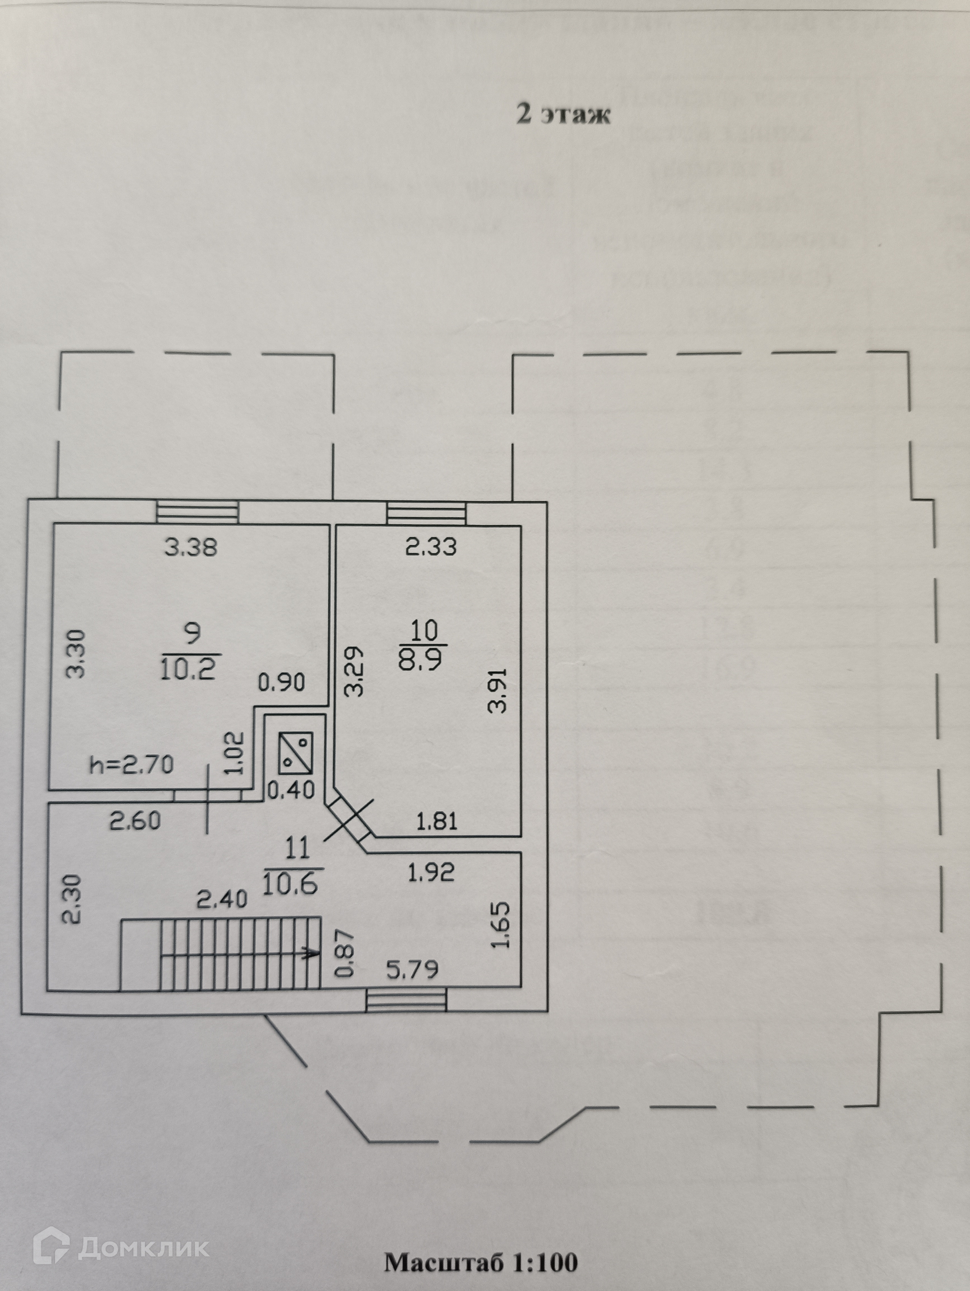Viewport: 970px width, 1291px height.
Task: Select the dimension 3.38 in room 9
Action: tap(191, 547)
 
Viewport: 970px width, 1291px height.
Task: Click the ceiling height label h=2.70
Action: tap(132, 764)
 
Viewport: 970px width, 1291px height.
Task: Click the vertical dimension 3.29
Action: tap(354, 671)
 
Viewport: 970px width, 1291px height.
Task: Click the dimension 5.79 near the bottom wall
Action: tap(412, 970)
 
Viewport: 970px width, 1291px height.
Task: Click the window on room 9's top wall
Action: tap(198, 512)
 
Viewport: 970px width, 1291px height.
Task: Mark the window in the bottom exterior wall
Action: tap(406, 1000)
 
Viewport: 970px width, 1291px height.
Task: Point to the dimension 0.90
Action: tap(281, 682)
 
